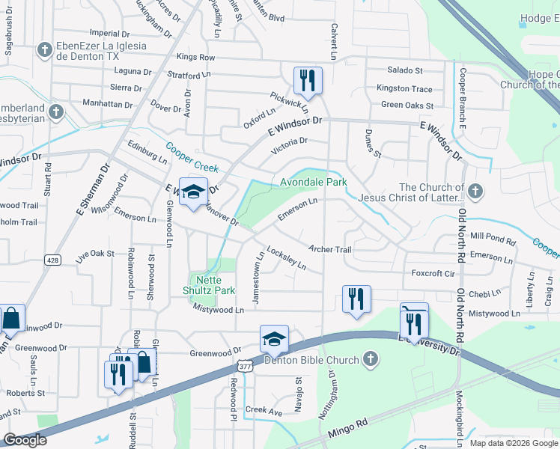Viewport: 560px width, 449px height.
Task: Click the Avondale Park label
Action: pyautogui.click(x=314, y=182)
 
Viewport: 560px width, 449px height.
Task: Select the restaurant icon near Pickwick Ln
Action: pyautogui.click(x=308, y=79)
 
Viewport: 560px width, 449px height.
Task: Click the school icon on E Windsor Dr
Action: pyautogui.click(x=193, y=192)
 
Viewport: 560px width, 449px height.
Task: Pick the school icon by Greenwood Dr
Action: pyautogui.click(x=274, y=339)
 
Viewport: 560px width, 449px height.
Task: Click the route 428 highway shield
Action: pyautogui.click(x=52, y=260)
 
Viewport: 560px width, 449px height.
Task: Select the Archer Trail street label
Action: pyautogui.click(x=329, y=249)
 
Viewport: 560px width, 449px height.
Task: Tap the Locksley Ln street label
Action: pyautogui.click(x=287, y=259)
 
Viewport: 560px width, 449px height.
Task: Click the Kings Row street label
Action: pyautogui.click(x=196, y=58)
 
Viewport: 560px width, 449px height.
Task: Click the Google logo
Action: pyautogui.click(x=25, y=440)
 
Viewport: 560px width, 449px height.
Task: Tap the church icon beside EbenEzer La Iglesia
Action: pyautogui.click(x=44, y=50)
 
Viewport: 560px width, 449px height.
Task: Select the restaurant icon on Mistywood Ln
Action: pyautogui.click(x=356, y=299)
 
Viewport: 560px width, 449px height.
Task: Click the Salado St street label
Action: pyautogui.click(x=404, y=70)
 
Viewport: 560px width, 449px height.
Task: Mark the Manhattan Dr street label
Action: pyautogui.click(x=113, y=105)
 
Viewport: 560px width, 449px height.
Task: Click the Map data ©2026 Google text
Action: pyautogui.click(x=513, y=443)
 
